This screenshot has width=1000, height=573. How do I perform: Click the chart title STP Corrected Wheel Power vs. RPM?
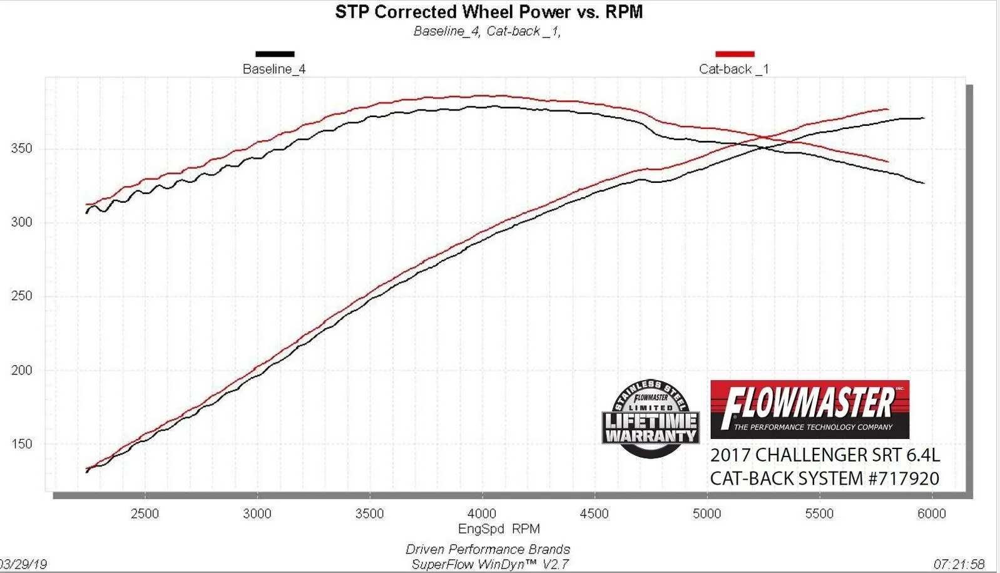(x=489, y=12)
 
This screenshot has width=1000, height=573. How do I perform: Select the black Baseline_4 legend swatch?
(x=275, y=54)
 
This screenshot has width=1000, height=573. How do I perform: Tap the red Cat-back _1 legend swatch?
(x=735, y=54)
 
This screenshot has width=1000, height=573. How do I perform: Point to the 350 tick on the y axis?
(x=21, y=149)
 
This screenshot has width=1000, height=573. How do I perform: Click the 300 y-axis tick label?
(x=21, y=222)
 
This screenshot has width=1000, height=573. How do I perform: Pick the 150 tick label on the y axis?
(x=21, y=444)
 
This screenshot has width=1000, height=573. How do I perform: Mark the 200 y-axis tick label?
(x=21, y=370)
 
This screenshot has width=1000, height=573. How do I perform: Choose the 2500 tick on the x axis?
(x=145, y=514)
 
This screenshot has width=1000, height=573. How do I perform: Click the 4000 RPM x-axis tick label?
(x=482, y=514)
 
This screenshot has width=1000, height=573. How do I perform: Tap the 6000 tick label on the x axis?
(x=931, y=514)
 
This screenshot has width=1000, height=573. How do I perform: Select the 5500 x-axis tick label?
(x=819, y=514)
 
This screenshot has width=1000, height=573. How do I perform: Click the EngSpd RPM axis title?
(x=499, y=529)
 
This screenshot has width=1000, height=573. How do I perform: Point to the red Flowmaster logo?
(x=810, y=409)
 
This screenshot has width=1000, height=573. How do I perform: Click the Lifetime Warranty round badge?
(x=651, y=418)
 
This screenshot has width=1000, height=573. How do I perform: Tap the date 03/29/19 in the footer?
(x=24, y=564)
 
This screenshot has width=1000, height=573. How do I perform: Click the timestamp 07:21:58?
(x=959, y=564)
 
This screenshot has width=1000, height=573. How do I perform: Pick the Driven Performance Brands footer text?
(x=487, y=549)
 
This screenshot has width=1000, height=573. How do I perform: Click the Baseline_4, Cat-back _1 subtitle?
(x=487, y=31)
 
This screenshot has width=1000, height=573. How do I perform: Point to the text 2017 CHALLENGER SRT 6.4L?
(x=825, y=455)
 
